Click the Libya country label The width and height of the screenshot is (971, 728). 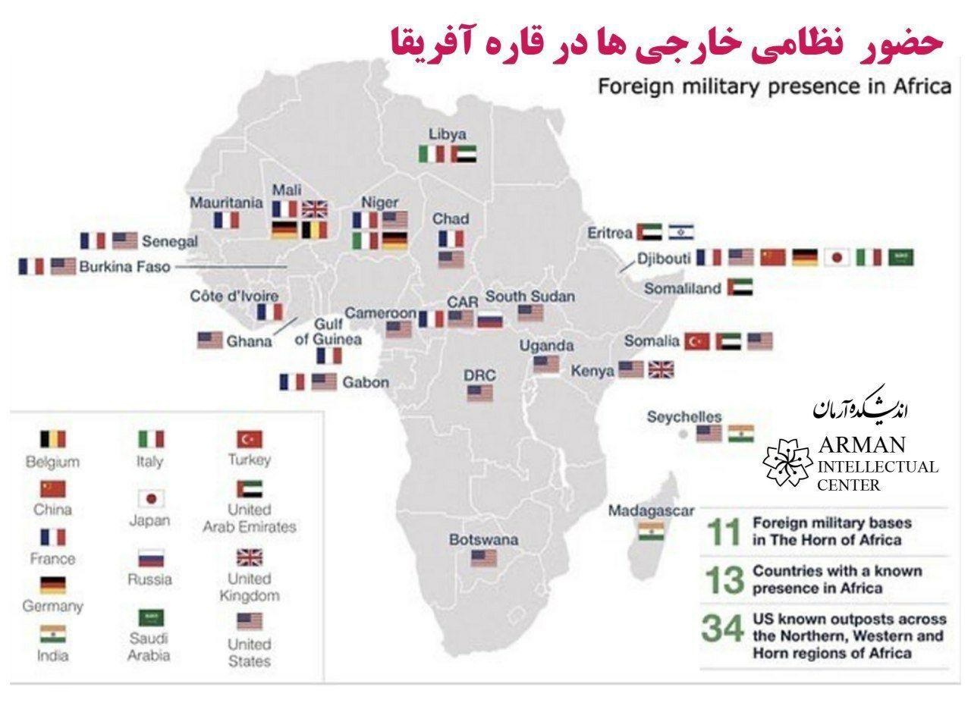pyautogui.click(x=448, y=134)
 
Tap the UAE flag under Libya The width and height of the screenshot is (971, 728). pyautogui.click(x=463, y=154)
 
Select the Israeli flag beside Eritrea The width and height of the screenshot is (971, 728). pyautogui.click(x=681, y=231)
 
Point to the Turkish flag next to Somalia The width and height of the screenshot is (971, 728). pyautogui.click(x=697, y=341)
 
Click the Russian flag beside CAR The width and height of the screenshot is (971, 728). pyautogui.click(x=490, y=319)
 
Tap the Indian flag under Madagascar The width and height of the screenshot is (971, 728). pyautogui.click(x=651, y=531)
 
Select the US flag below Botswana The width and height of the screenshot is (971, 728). pyautogui.click(x=483, y=558)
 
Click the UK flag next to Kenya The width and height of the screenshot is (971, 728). pyautogui.click(x=661, y=370)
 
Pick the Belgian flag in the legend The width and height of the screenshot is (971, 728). pyautogui.click(x=52, y=438)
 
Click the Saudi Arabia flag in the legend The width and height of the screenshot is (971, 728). pyautogui.click(x=149, y=617)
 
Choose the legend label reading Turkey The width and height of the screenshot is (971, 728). pyautogui.click(x=249, y=460)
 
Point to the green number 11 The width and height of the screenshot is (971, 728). pyautogui.click(x=723, y=532)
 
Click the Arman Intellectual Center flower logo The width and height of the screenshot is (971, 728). pyautogui.click(x=787, y=461)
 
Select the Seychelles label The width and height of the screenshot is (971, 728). pyautogui.click(x=683, y=417)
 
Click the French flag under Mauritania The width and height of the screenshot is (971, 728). pyautogui.click(x=226, y=220)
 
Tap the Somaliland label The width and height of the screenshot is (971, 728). pyautogui.click(x=682, y=288)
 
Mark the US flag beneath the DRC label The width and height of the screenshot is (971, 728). pyautogui.click(x=479, y=393)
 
